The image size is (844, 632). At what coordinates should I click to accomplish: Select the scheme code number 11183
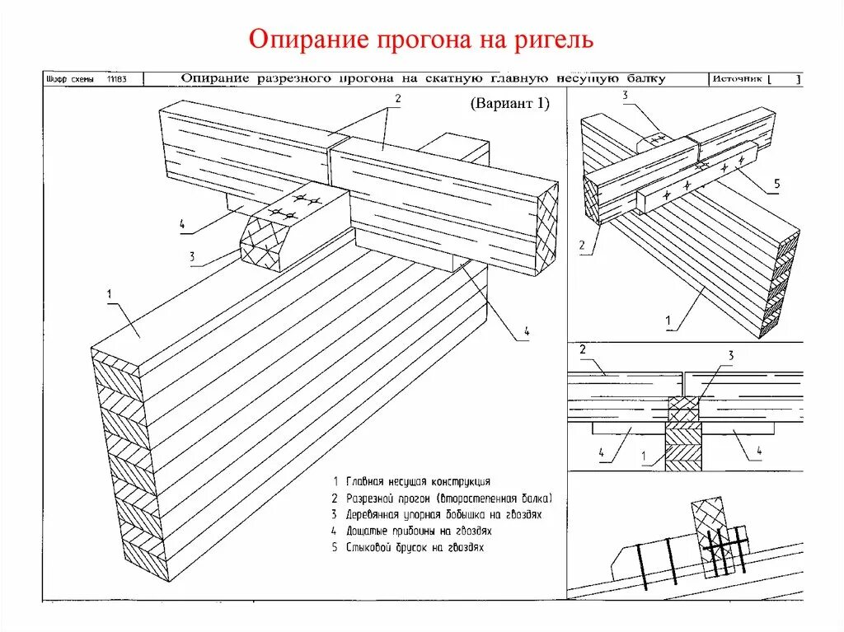click(x=117, y=79)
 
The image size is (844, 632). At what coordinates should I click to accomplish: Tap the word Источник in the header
click(x=736, y=79)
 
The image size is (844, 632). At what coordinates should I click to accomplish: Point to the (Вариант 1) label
click(x=509, y=105)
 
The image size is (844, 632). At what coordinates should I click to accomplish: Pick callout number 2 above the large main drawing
click(x=396, y=98)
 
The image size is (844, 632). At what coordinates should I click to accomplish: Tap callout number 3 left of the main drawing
click(x=191, y=256)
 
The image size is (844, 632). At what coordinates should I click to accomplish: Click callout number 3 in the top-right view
click(x=625, y=96)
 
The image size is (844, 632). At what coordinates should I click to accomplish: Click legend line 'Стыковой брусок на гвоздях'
click(x=407, y=546)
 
